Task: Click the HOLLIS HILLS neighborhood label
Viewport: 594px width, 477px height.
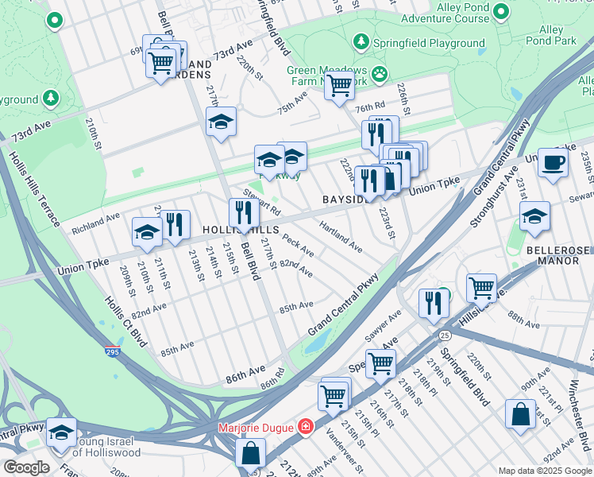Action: pos(241,229)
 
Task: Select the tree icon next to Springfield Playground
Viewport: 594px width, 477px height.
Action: pos(361,41)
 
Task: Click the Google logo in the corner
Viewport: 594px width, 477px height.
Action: pos(26,467)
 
